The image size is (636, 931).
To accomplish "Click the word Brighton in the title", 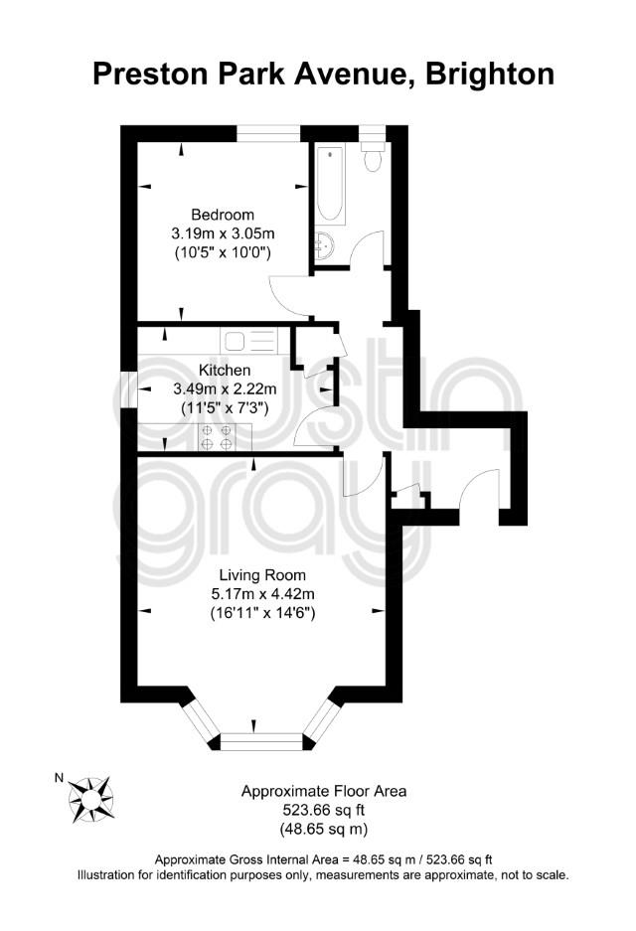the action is tap(490, 75).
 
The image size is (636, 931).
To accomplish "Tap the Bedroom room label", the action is tap(222, 215).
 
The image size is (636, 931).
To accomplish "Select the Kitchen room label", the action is tap(225, 370).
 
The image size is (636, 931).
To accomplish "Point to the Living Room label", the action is tap(262, 574).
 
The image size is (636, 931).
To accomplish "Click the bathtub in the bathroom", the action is tap(330, 184).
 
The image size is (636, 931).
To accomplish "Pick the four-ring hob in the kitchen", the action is tap(217, 437).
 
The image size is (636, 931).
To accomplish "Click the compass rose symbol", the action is tap(90, 799).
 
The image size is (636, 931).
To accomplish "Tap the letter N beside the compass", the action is tap(59, 778).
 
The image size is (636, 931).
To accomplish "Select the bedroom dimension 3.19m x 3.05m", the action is tap(223, 233).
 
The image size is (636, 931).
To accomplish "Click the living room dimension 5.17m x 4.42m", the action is tap(262, 594).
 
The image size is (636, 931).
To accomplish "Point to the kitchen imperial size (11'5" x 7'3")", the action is tap(225, 408).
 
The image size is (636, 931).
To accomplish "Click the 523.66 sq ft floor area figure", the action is tap(324, 809).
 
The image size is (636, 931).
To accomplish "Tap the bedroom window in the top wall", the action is tap(268, 133).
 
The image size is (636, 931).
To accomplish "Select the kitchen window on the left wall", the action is tap(129, 389).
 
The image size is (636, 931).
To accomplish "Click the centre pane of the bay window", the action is tap(261, 741).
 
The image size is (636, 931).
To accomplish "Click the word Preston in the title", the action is tap(150, 75).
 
